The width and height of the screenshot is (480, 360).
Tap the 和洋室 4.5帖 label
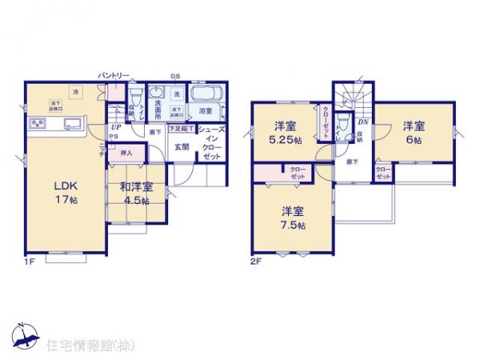(x=135, y=194)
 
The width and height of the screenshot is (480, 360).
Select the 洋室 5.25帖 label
(x=286, y=131)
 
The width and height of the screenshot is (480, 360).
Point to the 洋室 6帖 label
(x=412, y=131)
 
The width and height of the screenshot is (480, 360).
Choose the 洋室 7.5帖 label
(x=291, y=218)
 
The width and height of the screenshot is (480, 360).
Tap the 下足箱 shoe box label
(x=179, y=128)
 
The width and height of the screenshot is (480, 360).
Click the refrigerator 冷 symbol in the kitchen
(x=76, y=93)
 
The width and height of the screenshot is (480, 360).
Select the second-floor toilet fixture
(x=343, y=126)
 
